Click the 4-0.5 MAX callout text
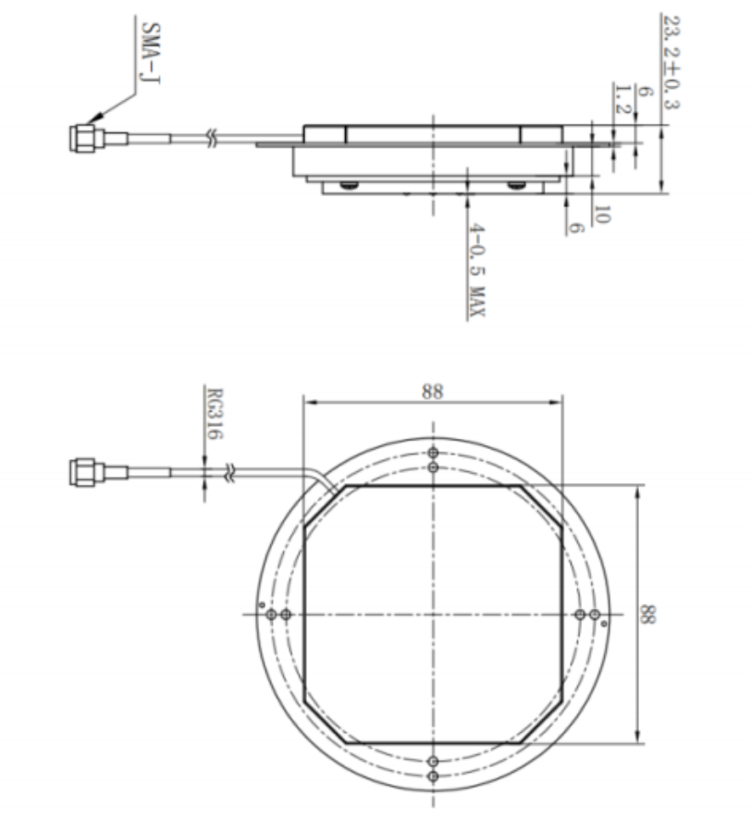click(x=477, y=270)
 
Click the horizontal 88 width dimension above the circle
click(x=432, y=391)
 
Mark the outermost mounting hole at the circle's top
click(x=434, y=453)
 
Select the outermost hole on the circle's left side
click(x=268, y=615)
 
